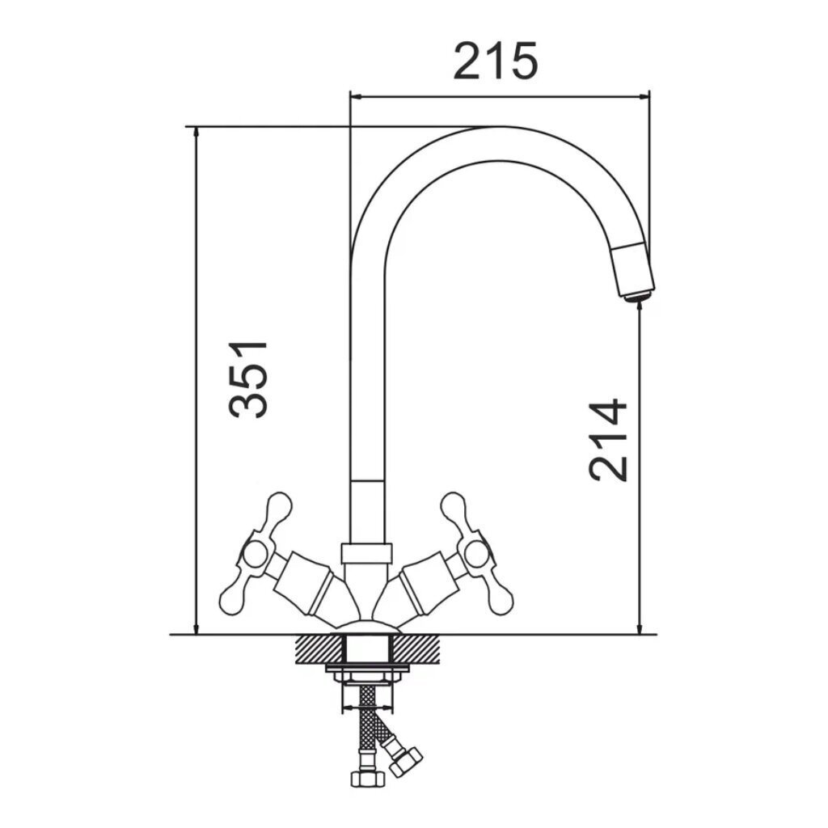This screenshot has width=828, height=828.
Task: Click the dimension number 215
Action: click(496, 61)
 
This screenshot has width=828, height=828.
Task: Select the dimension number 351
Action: click(248, 379)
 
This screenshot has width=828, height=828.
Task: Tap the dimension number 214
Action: click(608, 441)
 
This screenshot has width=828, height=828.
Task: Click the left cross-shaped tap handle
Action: click(256, 554)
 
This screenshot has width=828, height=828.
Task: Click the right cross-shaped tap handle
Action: click(477, 554)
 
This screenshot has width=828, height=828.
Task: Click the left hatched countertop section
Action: click(319, 649)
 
